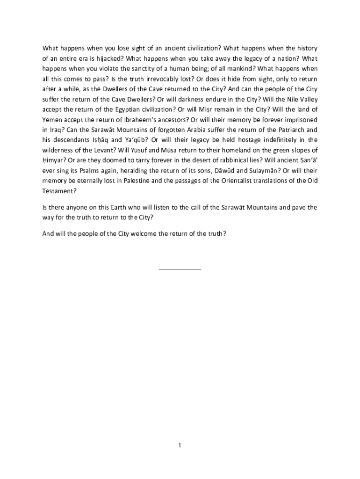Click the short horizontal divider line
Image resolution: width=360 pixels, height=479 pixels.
(180, 269)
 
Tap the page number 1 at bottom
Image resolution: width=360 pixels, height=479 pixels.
(180, 445)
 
